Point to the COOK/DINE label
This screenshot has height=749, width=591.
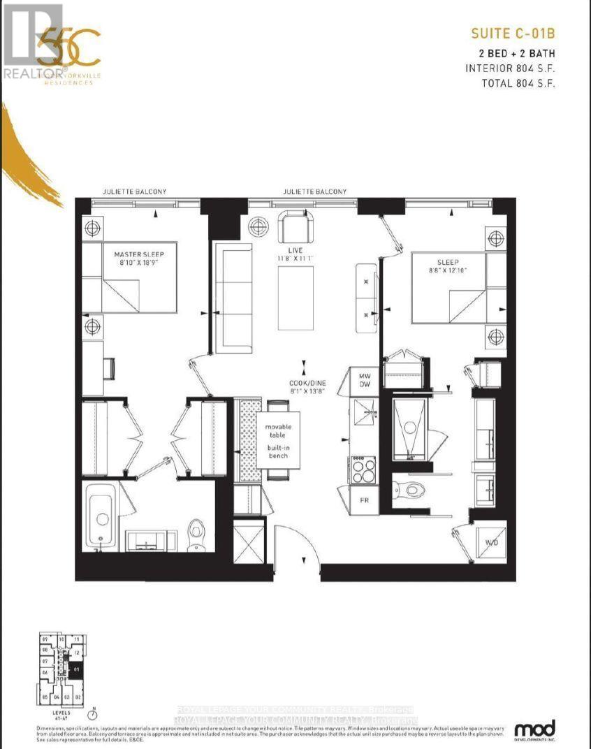pos(304,386)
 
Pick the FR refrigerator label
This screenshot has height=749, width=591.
pos(365,500)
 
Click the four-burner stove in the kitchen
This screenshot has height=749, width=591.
pos(363,470)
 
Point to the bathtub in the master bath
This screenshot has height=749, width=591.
pos(102,516)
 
